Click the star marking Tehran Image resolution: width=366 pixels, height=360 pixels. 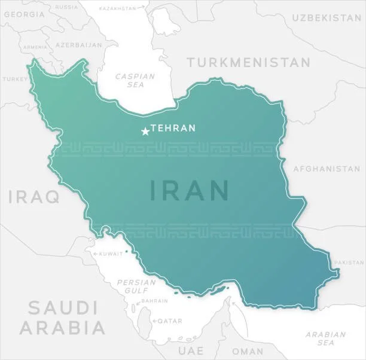coord(145,131)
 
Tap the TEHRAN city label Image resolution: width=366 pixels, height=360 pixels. coord(173,128)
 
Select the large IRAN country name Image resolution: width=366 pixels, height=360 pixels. coord(189,190)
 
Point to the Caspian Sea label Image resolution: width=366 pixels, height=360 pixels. coord(135,80)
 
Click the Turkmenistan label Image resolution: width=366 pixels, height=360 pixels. coord(248,62)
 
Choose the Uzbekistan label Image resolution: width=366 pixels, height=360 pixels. coord(326,18)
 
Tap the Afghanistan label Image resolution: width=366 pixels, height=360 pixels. coord(327,169)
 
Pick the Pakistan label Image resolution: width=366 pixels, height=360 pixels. coord(349,263)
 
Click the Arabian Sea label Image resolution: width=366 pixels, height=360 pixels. coord(325,338)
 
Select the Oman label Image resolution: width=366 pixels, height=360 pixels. coord(248,351)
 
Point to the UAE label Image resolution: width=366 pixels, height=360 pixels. coord(191,350)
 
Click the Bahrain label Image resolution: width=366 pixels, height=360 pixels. coord(155,301)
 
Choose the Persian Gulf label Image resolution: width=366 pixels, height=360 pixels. coord(132,286)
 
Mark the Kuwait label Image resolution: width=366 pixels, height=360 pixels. coord(110,254)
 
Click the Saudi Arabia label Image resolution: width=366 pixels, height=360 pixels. coord(63,318)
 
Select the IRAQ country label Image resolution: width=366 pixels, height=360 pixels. coord(33,196)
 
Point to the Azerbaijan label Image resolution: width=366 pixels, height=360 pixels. coord(78,45)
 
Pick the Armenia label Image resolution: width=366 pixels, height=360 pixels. coord(35,47)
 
